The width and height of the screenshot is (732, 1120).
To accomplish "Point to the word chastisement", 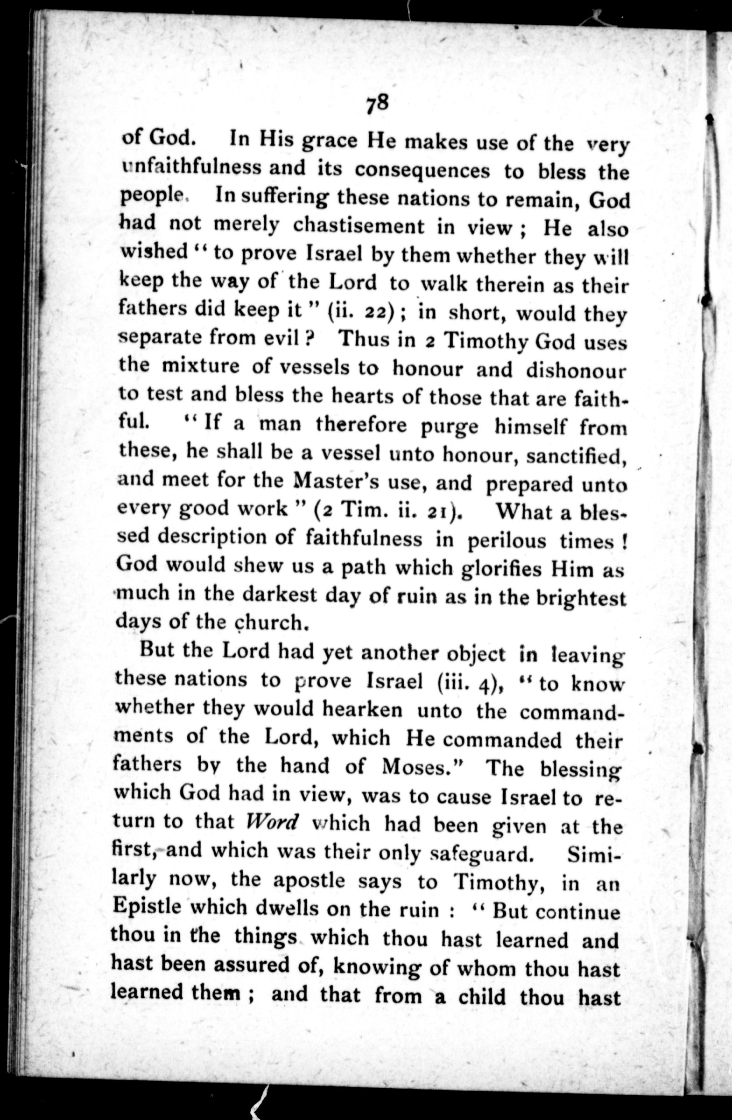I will (359, 226).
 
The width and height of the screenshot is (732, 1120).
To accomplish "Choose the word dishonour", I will (576, 371).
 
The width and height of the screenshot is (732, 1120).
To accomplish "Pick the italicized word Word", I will (273, 822).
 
